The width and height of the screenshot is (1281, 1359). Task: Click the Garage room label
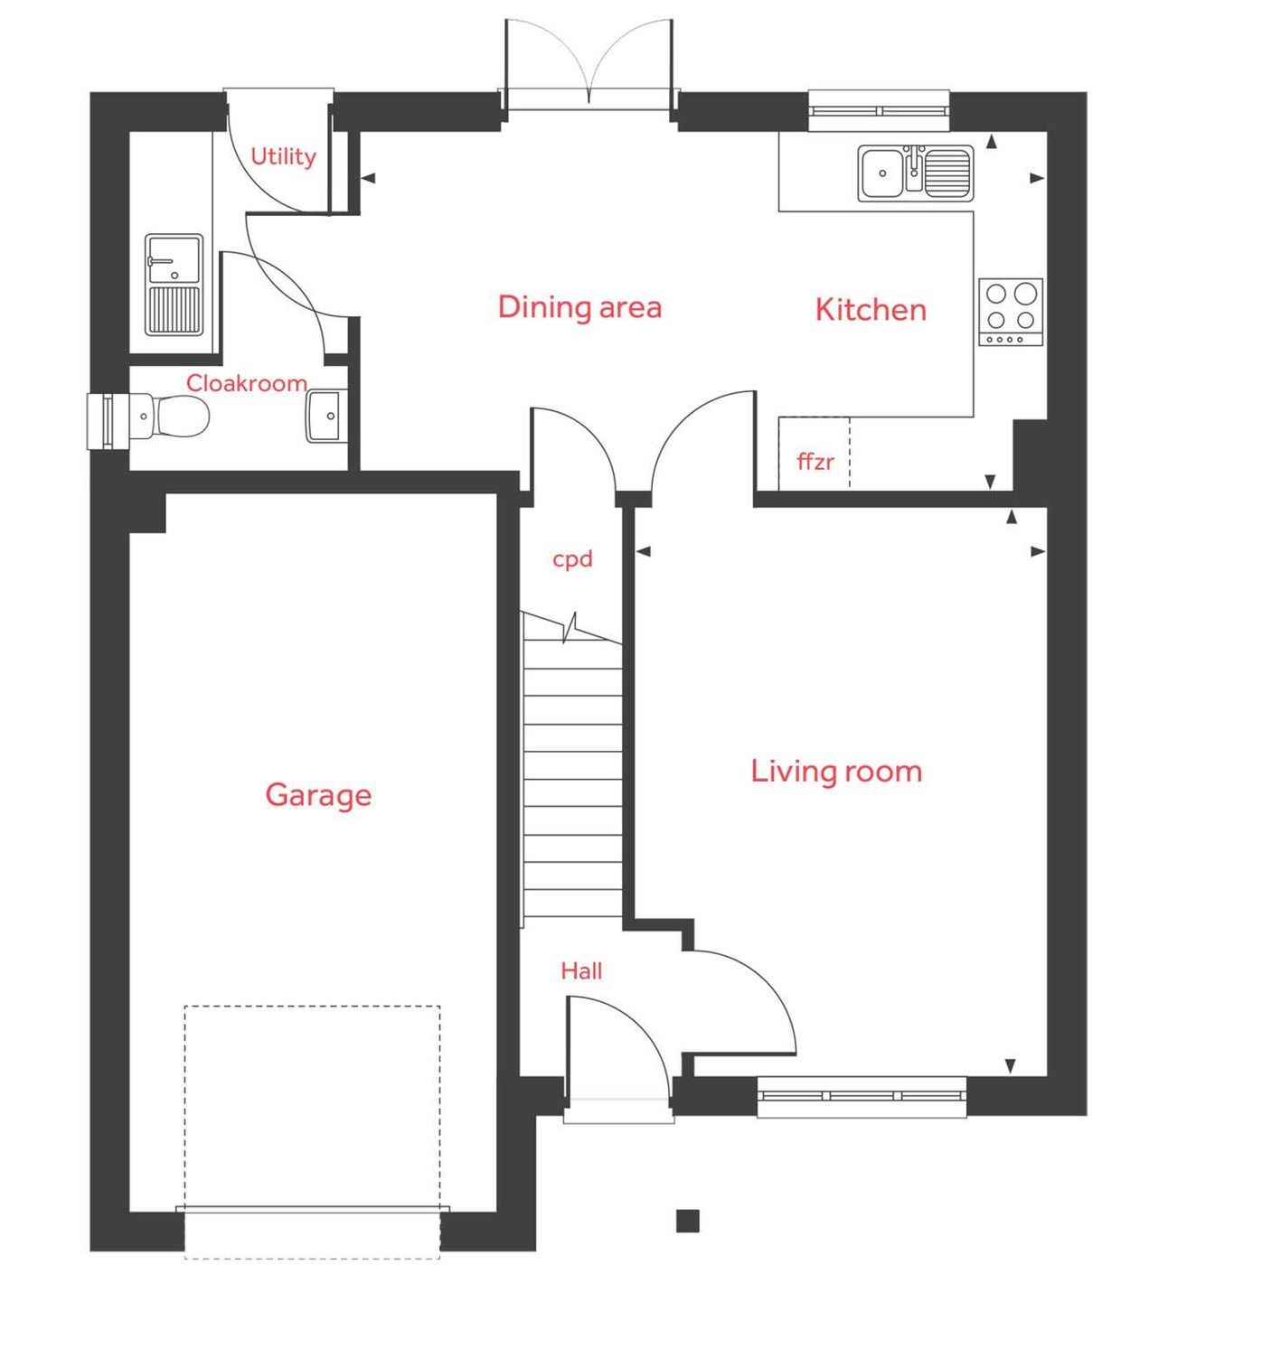(x=318, y=795)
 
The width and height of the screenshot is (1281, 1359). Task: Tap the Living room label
(x=836, y=772)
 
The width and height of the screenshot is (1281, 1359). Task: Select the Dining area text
(x=579, y=307)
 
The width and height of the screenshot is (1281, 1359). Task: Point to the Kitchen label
(x=871, y=310)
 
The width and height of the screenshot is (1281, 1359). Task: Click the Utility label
(x=283, y=157)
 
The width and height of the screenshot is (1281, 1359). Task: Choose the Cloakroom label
(x=246, y=383)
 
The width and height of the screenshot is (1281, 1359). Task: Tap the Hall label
(x=581, y=971)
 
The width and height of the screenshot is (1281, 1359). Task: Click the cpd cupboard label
(x=572, y=559)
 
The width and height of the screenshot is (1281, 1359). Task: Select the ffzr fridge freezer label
(x=815, y=462)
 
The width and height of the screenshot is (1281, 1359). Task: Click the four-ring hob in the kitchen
(x=1011, y=312)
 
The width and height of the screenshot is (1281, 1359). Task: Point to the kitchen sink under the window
(x=915, y=173)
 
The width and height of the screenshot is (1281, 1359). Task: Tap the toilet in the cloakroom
(x=176, y=417)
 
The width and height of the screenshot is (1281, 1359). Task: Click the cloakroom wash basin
(x=324, y=416)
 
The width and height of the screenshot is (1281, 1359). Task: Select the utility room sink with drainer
(x=174, y=285)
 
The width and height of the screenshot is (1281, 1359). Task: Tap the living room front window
(x=862, y=1096)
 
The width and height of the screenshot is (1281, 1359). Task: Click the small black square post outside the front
(x=688, y=1221)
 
